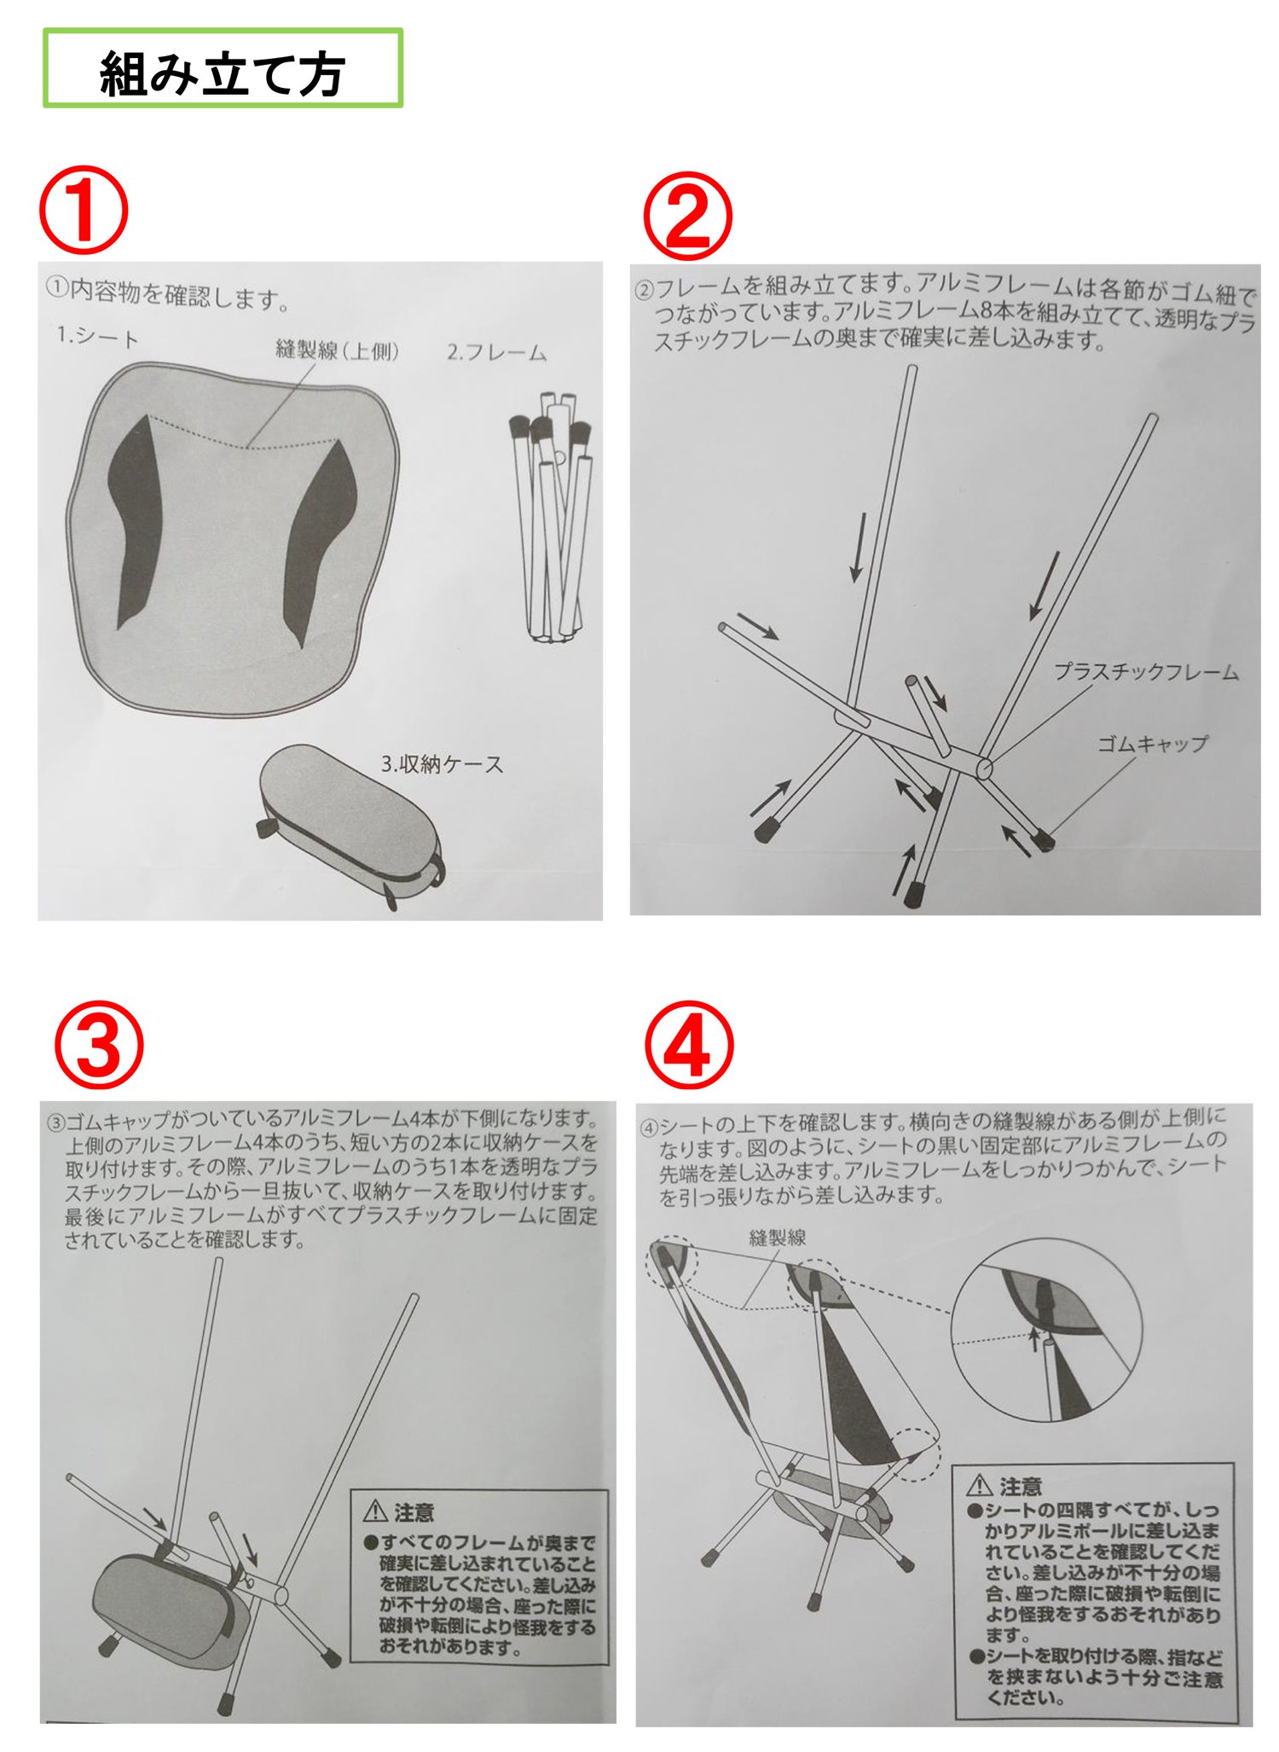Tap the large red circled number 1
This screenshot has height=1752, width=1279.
tap(83, 211)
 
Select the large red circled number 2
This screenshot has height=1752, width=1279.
tap(687, 216)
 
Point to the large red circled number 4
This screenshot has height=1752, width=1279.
tap(688, 1046)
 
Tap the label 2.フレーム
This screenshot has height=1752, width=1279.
tap(496, 351)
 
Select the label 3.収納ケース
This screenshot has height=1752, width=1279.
tap(442, 763)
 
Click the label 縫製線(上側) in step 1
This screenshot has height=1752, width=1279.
tap(337, 350)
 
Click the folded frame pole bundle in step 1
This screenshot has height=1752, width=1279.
tap(553, 517)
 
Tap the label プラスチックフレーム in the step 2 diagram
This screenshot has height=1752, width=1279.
tap(1146, 671)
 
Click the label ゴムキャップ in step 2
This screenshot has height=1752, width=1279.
tap(1152, 743)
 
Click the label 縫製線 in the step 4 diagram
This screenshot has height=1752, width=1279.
tap(777, 1237)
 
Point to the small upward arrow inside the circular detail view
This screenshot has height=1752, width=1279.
tap(1035, 1338)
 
